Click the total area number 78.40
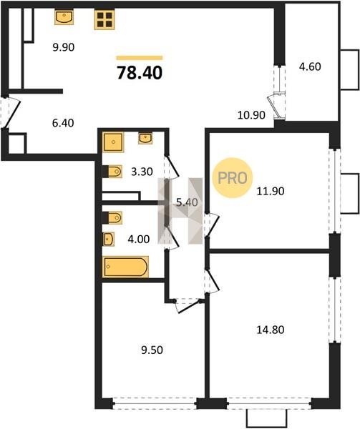[x=140, y=73]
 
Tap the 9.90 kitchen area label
[x=64, y=47]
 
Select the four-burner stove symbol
[x=104, y=19]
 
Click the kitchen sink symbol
[x=64, y=17]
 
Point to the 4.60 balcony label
[x=310, y=66]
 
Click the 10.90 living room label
[x=251, y=115]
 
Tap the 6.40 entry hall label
[x=63, y=123]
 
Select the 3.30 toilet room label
[x=142, y=172]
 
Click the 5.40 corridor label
[x=187, y=202]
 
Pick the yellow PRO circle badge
[x=233, y=178]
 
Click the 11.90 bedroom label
[x=271, y=191]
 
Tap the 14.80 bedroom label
[x=271, y=330]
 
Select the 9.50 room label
[x=152, y=350]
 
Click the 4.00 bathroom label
[x=139, y=240]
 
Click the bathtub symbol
[x=126, y=267]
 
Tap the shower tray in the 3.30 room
[x=113, y=142]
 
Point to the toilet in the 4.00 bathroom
[x=112, y=218]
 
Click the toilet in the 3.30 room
[x=112, y=172]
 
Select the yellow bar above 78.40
[x=140, y=58]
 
